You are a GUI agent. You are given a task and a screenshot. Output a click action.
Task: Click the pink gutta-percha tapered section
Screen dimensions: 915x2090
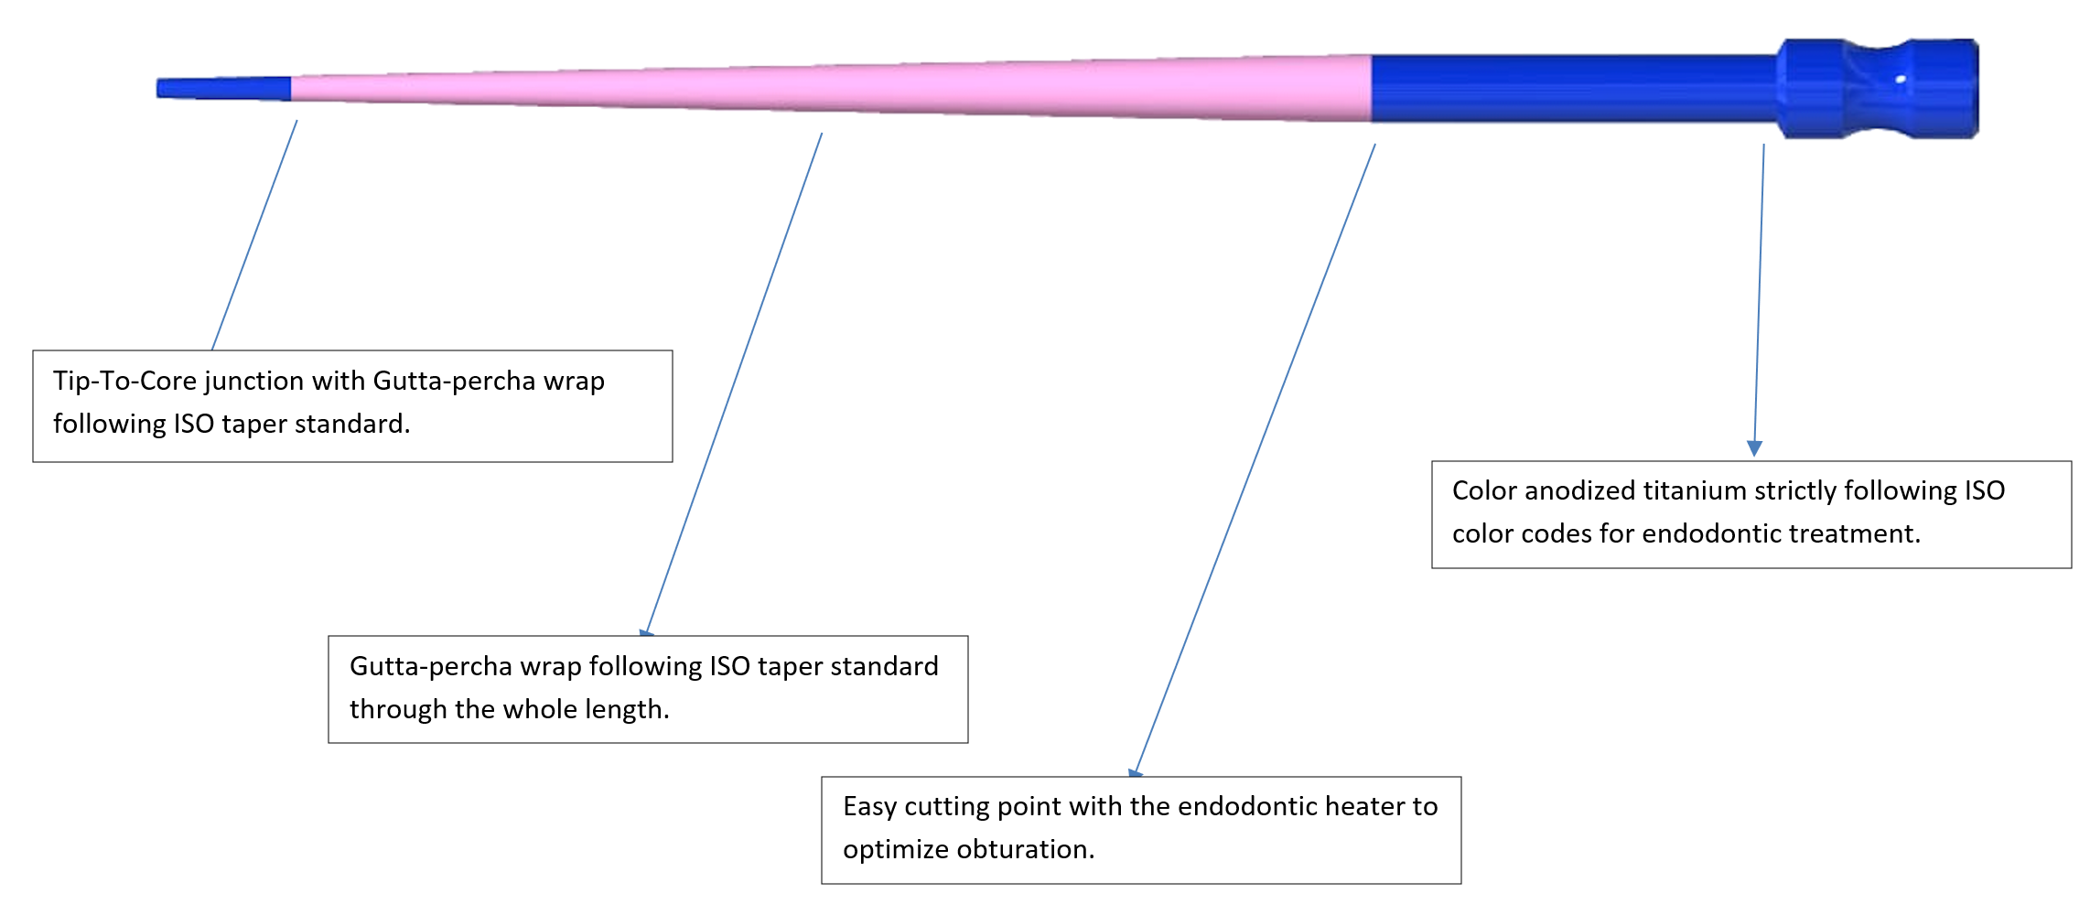click(824, 89)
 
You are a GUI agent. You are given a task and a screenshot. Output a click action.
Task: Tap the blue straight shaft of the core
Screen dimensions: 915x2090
click(1574, 89)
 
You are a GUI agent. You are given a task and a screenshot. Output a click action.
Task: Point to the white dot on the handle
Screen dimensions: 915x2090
click(1901, 80)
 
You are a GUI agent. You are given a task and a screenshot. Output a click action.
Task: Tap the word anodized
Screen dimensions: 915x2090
click(1580, 490)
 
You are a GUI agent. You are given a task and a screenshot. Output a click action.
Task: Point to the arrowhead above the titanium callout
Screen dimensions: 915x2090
click(1754, 448)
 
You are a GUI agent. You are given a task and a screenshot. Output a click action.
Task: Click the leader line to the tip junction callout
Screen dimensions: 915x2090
click(254, 235)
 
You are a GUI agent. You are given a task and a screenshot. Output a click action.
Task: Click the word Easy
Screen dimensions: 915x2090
click(869, 806)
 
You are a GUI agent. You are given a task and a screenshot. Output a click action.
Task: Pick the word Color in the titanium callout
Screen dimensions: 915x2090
click(1484, 490)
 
